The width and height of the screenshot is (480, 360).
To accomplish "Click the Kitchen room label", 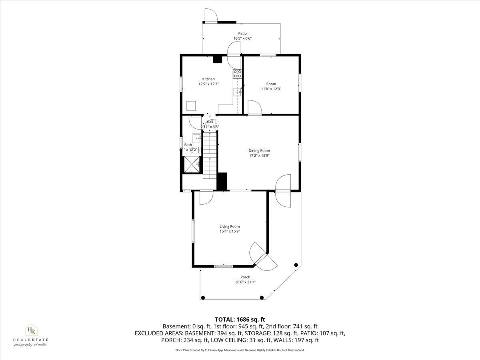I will tap(208, 79).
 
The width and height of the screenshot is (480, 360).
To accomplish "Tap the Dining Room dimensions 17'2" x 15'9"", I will tap(262, 156).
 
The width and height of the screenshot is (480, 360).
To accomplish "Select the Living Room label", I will tap(230, 226).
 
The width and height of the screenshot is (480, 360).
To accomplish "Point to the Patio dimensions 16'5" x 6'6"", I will tap(242, 38).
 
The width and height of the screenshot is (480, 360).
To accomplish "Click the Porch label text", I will tap(245, 277).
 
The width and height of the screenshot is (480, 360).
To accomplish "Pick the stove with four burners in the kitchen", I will tap(238, 73).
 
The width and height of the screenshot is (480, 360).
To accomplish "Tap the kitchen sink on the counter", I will tap(238, 92).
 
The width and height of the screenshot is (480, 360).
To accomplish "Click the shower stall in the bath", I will tap(191, 164).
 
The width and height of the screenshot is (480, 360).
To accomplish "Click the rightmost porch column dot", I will tap(296, 265).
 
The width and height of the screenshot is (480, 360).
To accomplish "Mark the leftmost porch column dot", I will tap(203, 297).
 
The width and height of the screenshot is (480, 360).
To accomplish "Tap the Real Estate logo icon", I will tap(31, 330).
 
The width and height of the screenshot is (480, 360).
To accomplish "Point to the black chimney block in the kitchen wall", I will tap(218, 59).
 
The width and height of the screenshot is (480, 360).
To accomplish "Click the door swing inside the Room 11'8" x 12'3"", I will tap(253, 107).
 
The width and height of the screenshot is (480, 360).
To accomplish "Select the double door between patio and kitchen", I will tap(234, 54).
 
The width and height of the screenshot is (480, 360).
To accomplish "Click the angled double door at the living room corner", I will tap(263, 256).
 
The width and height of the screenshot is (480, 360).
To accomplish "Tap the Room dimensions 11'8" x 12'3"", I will tap(271, 89).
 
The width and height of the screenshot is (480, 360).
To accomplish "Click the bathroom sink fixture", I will tap(197, 138).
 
